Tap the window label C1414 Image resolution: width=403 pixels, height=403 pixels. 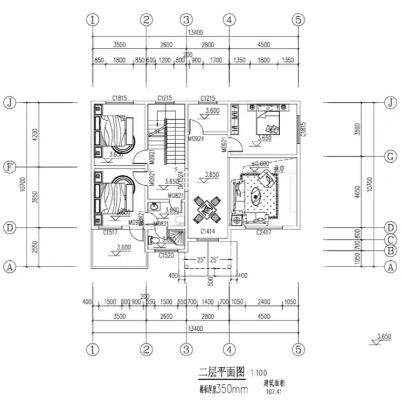tap(207, 231)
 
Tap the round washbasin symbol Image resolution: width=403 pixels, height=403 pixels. tap(154, 206)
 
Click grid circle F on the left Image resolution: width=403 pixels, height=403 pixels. tap(9, 167)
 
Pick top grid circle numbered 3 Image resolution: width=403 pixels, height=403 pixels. tap(186, 20)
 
